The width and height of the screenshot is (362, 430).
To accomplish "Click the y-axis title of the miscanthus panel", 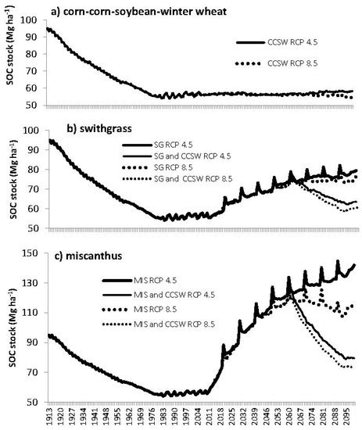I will (x=10, y=327).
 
